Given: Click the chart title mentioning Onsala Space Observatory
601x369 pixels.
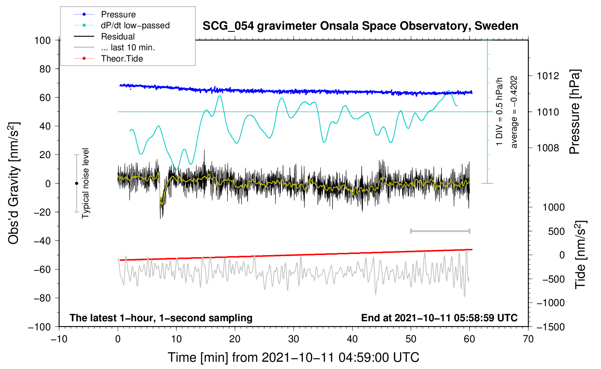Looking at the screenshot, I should point(360,26).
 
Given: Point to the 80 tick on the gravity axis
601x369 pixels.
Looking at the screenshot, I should point(45,69).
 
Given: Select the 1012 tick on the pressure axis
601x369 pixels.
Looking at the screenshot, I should point(548,76).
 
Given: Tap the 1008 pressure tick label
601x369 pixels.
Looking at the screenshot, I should point(548,148).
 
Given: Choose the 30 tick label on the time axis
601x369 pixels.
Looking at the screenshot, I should point(294,339).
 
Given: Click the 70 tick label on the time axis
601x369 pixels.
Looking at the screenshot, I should point(528,339).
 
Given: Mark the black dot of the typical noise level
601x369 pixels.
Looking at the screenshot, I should point(76,183).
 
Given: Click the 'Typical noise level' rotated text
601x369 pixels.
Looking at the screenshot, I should point(85,183).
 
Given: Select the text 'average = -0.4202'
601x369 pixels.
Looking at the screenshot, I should point(514,112).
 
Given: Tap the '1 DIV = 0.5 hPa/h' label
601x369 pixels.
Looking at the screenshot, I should point(500,111).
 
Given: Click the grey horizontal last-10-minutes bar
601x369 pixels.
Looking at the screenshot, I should point(440,231).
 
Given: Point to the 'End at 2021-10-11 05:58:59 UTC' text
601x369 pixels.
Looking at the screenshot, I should point(439,318).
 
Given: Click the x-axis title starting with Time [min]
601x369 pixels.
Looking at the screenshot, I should point(294,357).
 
